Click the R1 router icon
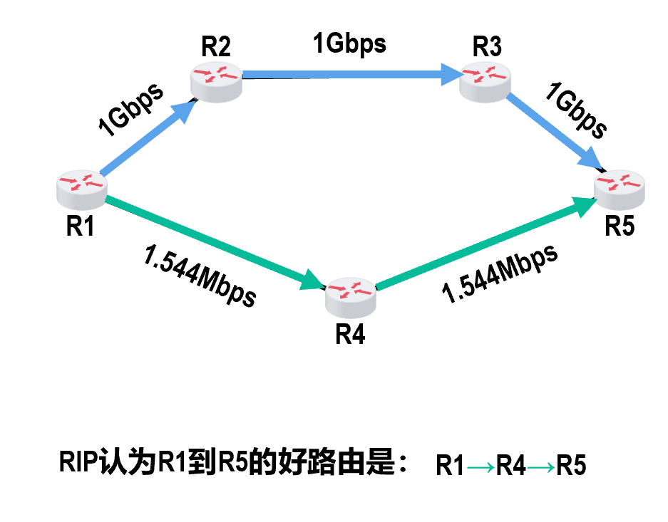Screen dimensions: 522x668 (x=81, y=186)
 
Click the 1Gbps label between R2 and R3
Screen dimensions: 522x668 (x=349, y=43)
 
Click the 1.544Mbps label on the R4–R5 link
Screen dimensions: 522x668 (x=499, y=274)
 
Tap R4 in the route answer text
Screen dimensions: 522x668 (x=511, y=466)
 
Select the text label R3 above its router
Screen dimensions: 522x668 (x=487, y=47)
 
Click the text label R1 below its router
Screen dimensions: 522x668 (x=81, y=226)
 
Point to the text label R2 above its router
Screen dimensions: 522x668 (x=216, y=46)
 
